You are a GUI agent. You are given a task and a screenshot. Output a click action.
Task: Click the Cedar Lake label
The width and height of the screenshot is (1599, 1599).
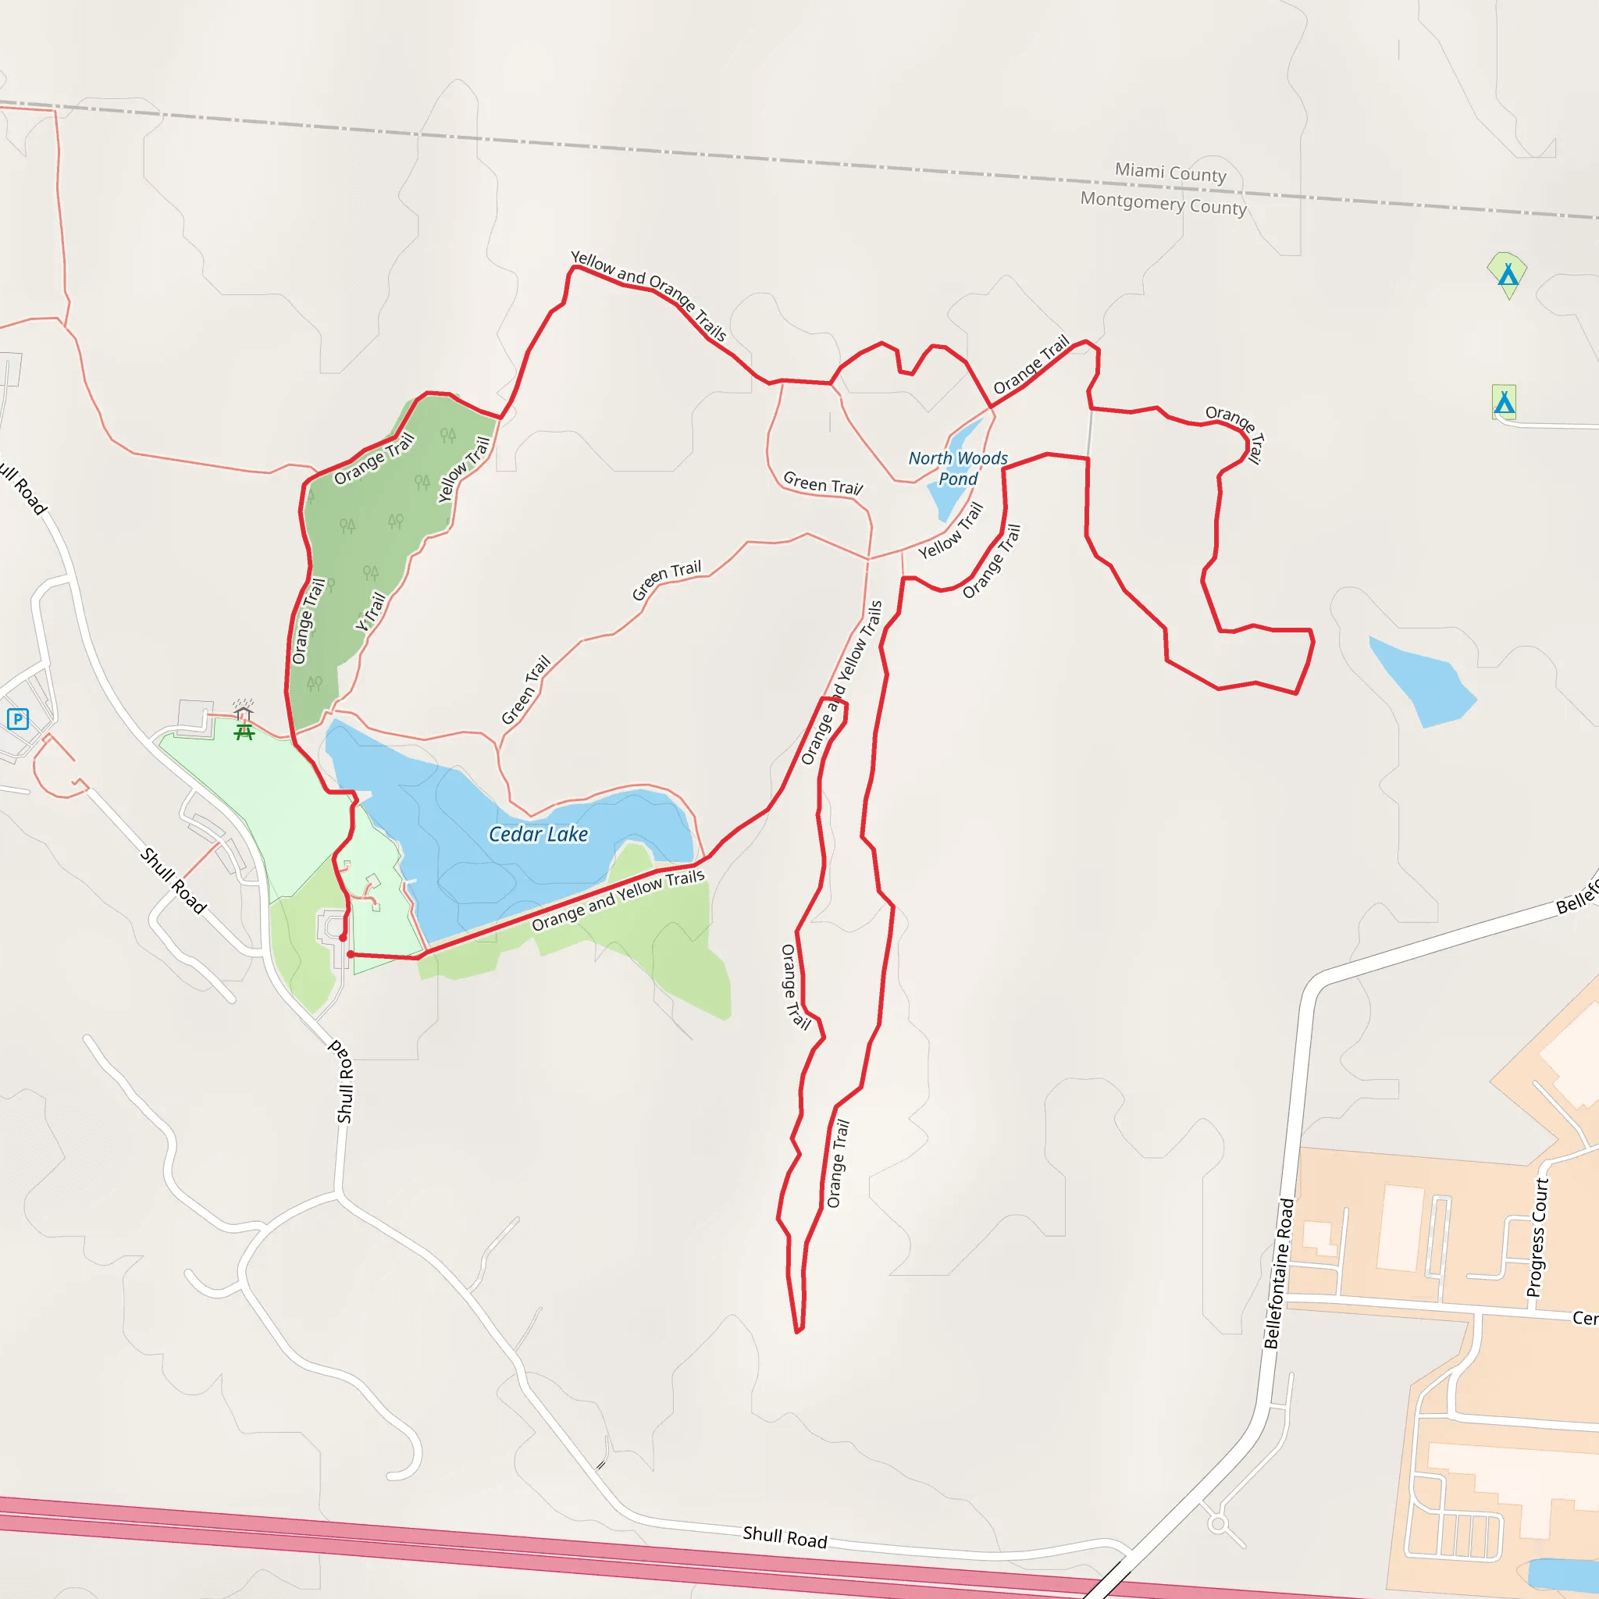point(538,835)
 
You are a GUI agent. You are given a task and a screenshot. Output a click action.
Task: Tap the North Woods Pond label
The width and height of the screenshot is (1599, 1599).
point(957,468)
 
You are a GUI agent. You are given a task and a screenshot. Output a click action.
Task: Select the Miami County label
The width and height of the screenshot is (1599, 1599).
point(1170,172)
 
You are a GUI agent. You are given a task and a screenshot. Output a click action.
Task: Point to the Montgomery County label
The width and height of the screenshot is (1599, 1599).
point(1163,203)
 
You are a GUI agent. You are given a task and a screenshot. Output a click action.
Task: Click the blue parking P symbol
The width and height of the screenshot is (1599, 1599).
point(18,718)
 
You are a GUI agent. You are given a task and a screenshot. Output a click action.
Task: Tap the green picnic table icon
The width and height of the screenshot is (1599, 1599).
point(244,732)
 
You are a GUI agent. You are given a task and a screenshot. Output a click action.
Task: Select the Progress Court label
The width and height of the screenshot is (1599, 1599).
point(1536,1238)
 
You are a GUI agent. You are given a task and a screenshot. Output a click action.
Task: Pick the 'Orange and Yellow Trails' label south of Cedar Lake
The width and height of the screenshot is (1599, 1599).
point(618,899)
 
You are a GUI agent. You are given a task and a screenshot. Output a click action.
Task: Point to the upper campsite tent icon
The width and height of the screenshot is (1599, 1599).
point(1508,274)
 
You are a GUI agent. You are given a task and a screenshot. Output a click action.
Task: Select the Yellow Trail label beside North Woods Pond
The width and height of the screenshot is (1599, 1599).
point(951,532)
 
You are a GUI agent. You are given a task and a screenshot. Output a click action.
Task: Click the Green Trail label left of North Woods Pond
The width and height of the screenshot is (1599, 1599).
point(823,483)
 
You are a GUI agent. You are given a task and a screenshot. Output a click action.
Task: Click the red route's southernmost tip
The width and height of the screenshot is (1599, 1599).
point(799,1332)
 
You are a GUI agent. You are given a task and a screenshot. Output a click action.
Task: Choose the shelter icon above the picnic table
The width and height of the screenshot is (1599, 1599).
point(244,711)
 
